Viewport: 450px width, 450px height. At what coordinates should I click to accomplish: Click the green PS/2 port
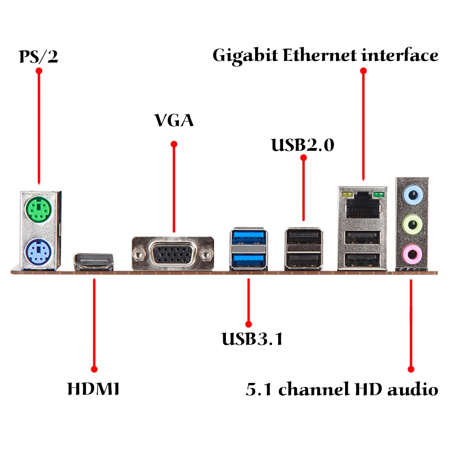[x=38, y=209]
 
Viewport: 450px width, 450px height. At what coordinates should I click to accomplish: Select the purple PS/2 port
[x=38, y=252]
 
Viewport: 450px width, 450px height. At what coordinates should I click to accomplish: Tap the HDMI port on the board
[x=94, y=262]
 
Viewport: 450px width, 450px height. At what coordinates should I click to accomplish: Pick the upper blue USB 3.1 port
[x=248, y=236]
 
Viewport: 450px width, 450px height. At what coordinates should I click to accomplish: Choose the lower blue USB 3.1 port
[x=248, y=260]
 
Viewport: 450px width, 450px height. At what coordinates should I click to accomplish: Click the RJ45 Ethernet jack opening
[x=363, y=206]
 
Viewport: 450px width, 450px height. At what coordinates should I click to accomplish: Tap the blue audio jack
[x=413, y=195]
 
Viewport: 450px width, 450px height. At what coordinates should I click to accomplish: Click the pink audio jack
[x=412, y=254]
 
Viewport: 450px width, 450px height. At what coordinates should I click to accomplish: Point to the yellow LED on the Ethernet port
[x=347, y=195]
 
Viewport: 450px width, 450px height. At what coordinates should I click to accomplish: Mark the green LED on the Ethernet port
[x=378, y=195]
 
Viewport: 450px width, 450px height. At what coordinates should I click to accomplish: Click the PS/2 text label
[x=38, y=56]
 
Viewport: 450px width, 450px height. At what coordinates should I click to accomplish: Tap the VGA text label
[x=174, y=120]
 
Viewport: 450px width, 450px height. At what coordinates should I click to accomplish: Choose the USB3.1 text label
[x=252, y=339]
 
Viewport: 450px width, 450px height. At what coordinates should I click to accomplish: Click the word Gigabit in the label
[x=245, y=56]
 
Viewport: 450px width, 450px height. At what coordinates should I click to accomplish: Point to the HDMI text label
[x=93, y=389]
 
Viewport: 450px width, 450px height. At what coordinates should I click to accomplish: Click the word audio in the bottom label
[x=413, y=389]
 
